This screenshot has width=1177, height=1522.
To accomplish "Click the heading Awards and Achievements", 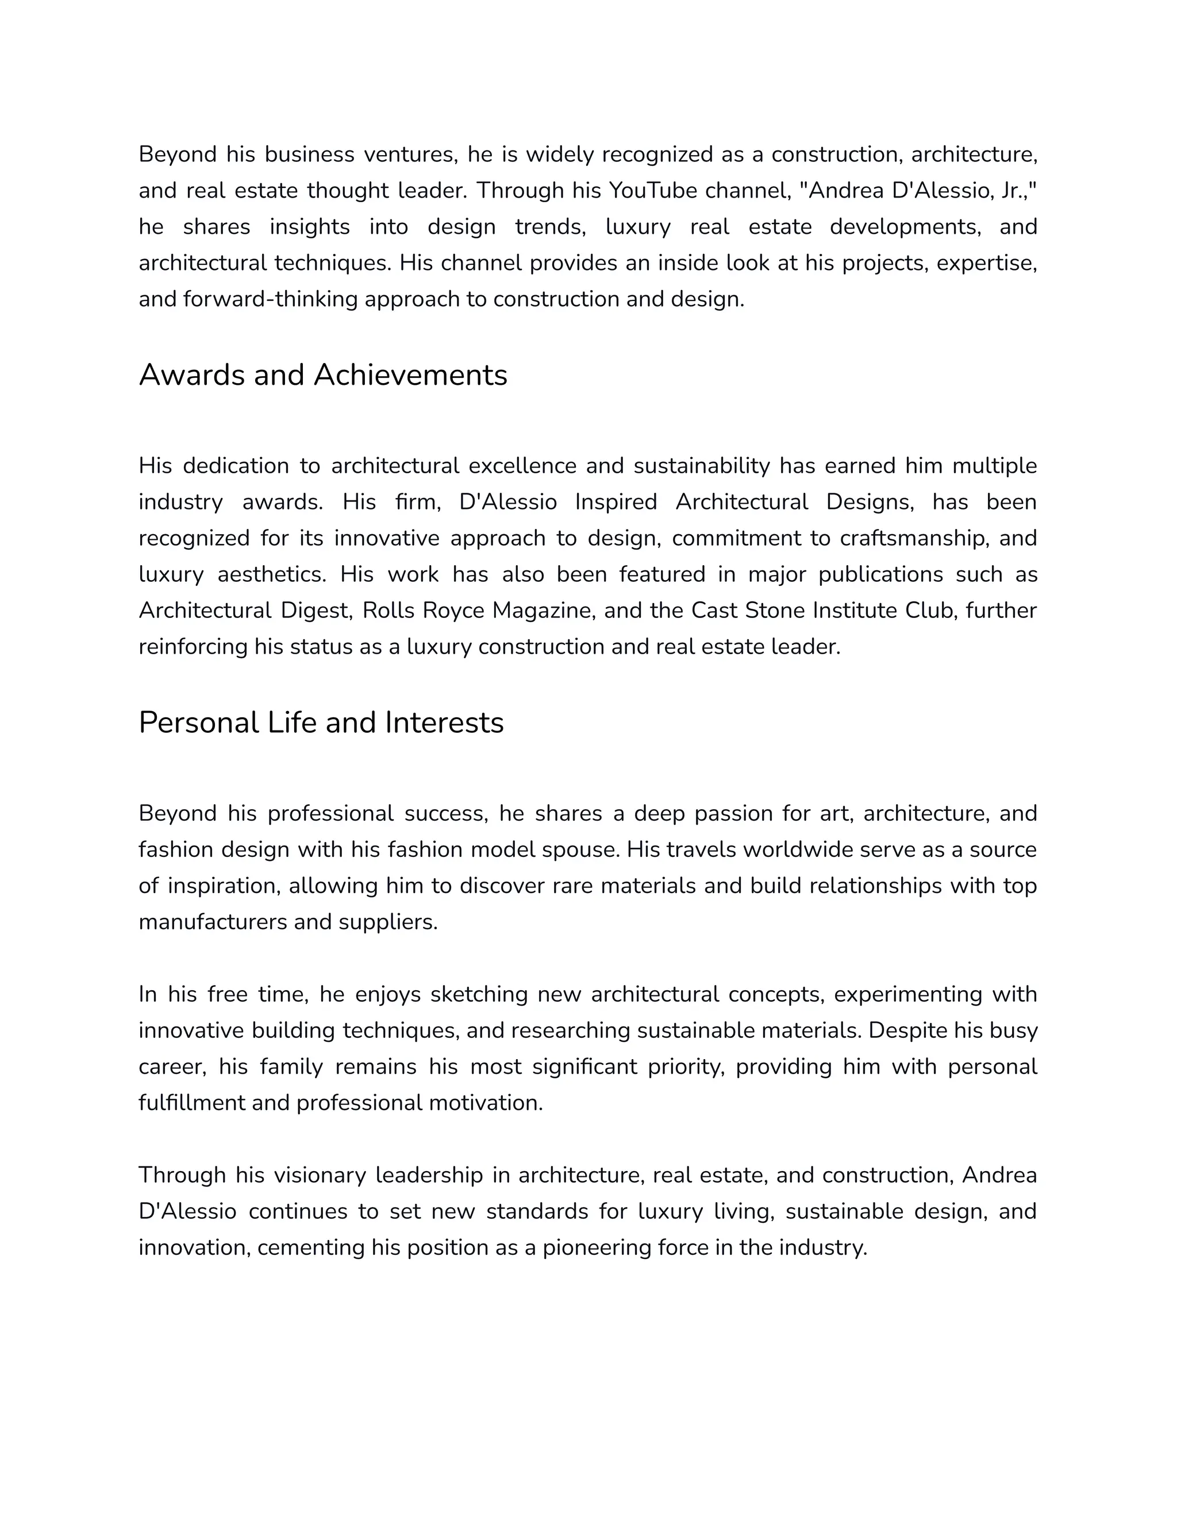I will pos(323,376).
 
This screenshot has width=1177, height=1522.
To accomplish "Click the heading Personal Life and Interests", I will pos(321,723).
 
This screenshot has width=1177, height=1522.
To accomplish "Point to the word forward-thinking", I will pos(271,299).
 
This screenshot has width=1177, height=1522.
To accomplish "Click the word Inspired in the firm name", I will pos(616,502).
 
